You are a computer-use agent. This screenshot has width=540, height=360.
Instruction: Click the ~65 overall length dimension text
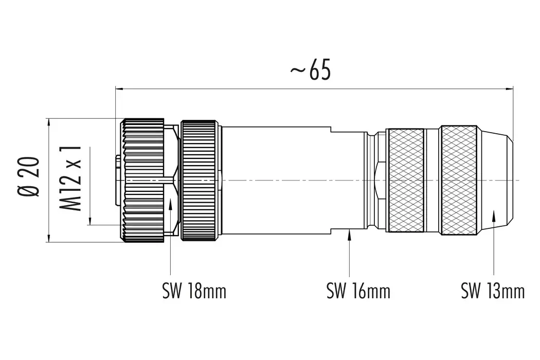point(310,71)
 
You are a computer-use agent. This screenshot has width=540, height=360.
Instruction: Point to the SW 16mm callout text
point(358,292)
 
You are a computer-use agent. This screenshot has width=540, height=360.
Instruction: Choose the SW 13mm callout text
point(492,292)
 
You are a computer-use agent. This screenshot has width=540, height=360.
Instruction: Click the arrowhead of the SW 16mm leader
point(350,235)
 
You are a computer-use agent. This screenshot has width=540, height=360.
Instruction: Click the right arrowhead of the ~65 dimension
point(510,89)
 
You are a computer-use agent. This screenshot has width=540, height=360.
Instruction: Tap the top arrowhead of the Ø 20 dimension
point(49,122)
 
